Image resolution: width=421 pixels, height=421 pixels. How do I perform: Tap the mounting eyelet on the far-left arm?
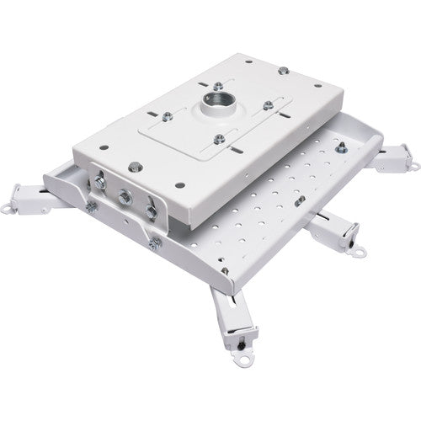(35, 226)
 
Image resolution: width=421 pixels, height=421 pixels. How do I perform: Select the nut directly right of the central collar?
(269, 104)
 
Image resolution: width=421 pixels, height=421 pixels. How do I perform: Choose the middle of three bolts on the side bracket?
(124, 198)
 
